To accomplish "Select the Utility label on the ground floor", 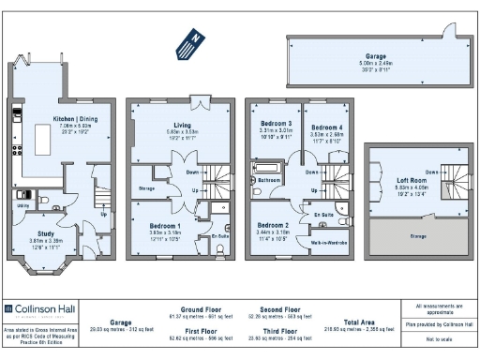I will (22, 203).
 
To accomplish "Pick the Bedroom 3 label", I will (276, 123).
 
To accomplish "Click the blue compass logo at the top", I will (189, 42).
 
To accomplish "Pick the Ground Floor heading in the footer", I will (200, 308).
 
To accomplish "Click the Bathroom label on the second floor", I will (270, 178).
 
